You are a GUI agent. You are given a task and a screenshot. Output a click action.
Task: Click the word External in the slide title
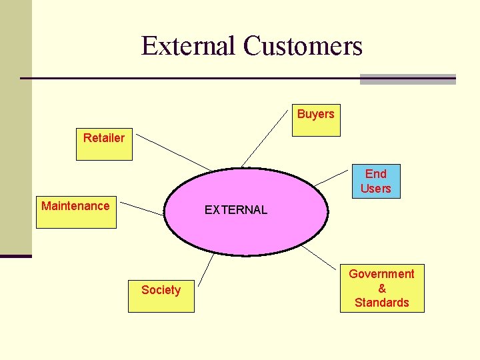click(189, 46)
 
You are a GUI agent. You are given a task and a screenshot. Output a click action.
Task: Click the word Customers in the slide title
click(303, 46)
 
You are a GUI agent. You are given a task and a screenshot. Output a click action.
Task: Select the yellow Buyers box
click(316, 120)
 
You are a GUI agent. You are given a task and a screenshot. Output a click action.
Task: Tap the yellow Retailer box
click(104, 144)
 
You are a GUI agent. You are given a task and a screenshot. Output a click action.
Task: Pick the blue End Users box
click(375, 181)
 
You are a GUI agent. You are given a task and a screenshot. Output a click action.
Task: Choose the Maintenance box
click(75, 212)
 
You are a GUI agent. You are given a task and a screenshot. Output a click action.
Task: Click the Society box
click(161, 296)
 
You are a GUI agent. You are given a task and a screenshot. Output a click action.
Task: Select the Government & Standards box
click(381, 288)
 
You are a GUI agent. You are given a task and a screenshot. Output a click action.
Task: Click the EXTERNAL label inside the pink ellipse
click(235, 210)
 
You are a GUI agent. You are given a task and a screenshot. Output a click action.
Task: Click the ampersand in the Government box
click(382, 288)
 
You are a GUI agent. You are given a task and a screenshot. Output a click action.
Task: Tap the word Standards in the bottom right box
click(381, 303)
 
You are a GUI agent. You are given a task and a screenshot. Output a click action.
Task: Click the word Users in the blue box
click(375, 189)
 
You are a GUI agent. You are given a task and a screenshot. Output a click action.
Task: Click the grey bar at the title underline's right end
click(407, 79)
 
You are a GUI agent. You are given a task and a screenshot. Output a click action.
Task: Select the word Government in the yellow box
click(381, 274)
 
